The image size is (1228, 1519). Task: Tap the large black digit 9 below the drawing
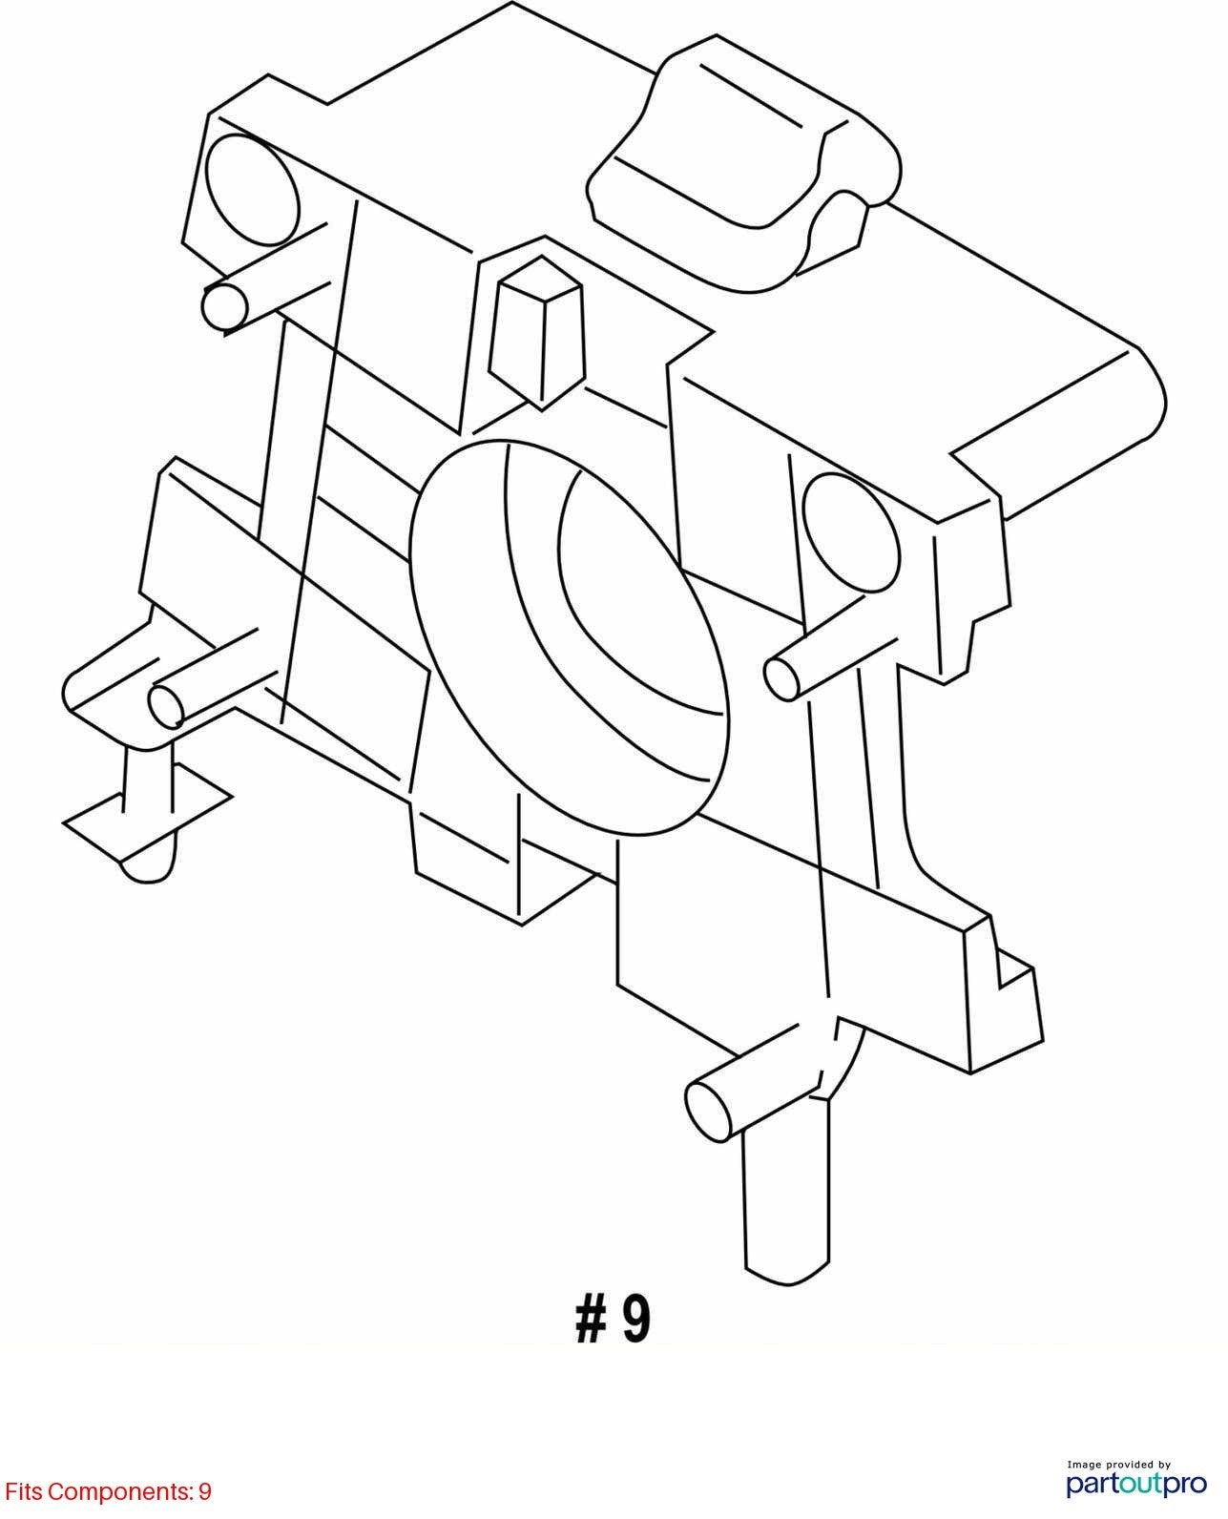tap(636, 1320)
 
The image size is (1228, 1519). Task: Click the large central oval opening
tap(571, 636)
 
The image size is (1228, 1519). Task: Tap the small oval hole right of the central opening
tap(851, 532)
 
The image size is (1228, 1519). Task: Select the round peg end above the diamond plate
tap(167, 704)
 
